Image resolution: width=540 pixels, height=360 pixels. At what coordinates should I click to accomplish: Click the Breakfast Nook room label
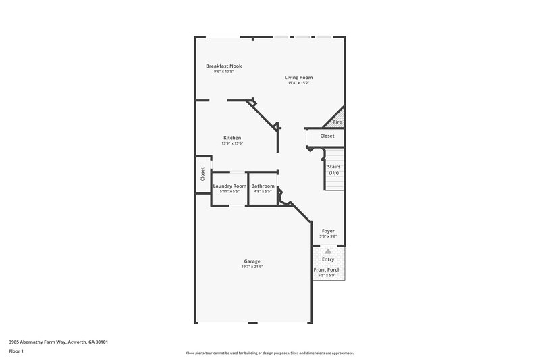tap(223, 66)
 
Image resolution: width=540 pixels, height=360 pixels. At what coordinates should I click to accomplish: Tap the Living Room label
tap(298, 77)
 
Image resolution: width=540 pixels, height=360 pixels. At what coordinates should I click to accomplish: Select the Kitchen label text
tap(232, 138)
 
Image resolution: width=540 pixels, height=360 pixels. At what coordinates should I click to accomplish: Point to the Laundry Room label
tap(230, 186)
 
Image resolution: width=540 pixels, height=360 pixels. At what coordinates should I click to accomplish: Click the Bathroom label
tap(263, 186)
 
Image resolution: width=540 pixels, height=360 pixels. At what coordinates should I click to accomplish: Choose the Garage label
tap(252, 261)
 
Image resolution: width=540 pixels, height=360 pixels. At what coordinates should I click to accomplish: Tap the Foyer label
tap(328, 231)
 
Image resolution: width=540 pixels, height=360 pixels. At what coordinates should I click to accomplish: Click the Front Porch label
tap(327, 270)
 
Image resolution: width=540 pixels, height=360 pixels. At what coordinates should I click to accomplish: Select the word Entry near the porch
tap(328, 259)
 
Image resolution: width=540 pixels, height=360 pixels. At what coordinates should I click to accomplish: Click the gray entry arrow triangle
tap(328, 251)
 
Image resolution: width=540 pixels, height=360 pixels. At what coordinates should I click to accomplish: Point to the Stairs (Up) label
tap(333, 169)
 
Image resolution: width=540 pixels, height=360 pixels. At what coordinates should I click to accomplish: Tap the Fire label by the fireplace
tap(337, 122)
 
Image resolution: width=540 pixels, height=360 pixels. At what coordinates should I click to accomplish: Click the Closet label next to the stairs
tap(327, 136)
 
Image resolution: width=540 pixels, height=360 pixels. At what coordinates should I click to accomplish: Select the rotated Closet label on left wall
tap(202, 174)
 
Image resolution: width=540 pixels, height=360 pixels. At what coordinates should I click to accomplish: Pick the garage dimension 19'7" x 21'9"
tap(252, 267)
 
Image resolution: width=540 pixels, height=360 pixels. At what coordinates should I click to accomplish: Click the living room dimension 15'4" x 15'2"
tap(298, 83)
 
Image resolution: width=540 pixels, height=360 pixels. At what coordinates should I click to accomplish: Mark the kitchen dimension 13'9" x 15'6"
tap(232, 143)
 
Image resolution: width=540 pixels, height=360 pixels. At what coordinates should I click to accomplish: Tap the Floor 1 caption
tap(17, 351)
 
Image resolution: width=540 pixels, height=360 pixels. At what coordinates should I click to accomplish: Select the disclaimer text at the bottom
tap(270, 353)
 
